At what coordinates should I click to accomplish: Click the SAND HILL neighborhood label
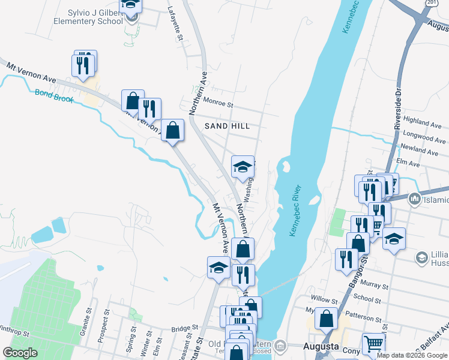click(x=227, y=126)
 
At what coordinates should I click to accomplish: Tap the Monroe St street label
click(x=218, y=103)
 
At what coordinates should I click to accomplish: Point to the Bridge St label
click(x=184, y=328)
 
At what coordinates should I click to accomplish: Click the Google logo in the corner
click(x=20, y=353)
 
